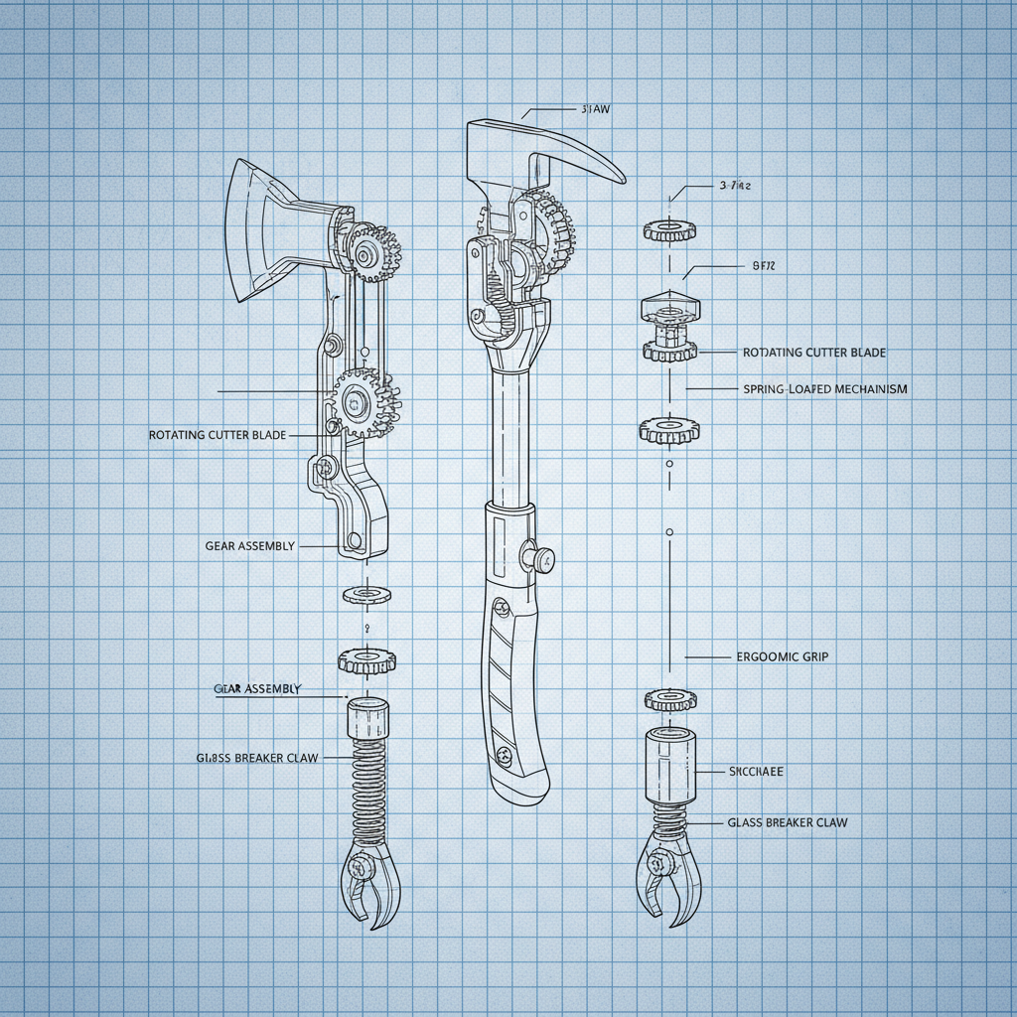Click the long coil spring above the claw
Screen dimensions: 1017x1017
367,785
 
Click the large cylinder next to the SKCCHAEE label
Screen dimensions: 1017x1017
668,764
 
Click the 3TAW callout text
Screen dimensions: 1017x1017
593,110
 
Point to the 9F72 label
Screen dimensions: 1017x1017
757,266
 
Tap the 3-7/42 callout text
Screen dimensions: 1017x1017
734,186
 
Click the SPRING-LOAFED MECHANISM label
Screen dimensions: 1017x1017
824,389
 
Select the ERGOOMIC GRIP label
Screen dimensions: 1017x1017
783,656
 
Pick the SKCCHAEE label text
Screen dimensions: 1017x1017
756,771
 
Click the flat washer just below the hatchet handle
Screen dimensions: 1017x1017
366,594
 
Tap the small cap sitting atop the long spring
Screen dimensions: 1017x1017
367,718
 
